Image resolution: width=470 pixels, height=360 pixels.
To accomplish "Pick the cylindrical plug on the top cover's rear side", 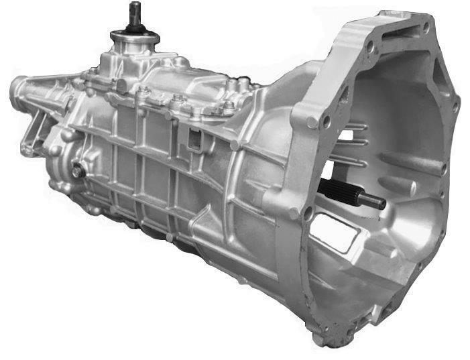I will (121, 85).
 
